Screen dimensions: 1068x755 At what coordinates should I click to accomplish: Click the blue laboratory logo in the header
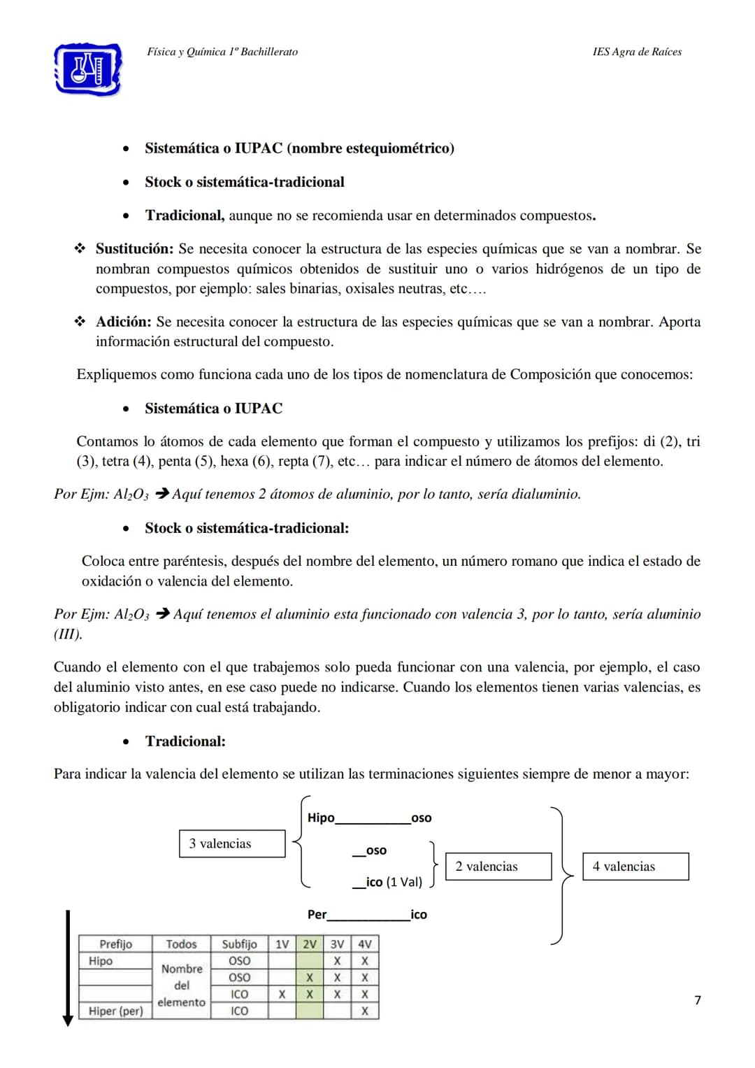click(x=88, y=69)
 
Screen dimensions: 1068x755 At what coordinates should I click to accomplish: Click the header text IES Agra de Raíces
click(x=636, y=52)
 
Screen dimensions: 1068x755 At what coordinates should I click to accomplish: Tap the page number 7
click(x=697, y=1000)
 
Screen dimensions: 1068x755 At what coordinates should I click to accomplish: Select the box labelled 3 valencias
click(x=232, y=843)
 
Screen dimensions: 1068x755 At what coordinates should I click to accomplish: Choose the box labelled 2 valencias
click(x=498, y=867)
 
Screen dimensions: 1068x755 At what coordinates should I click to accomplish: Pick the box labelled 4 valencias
click(x=635, y=867)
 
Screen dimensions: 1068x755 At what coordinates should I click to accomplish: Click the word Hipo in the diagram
click(x=321, y=818)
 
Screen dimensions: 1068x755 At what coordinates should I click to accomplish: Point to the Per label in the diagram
click(x=317, y=914)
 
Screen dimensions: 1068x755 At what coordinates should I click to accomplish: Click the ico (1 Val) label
click(x=394, y=882)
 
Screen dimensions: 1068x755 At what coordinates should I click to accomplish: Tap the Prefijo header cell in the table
click(x=115, y=944)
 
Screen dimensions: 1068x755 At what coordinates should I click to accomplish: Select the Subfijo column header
click(x=239, y=944)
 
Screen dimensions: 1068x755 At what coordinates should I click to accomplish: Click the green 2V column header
click(x=309, y=944)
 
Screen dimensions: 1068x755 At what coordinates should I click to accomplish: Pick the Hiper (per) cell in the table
click(x=115, y=1011)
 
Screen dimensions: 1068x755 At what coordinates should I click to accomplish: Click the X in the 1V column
click(x=282, y=994)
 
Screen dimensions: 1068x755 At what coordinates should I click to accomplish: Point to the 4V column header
click(x=364, y=944)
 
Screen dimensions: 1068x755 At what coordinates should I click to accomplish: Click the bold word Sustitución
click(x=134, y=249)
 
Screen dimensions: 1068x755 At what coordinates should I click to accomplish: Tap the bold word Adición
click(x=123, y=322)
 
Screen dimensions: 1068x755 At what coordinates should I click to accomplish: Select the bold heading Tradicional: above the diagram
click(x=185, y=741)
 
